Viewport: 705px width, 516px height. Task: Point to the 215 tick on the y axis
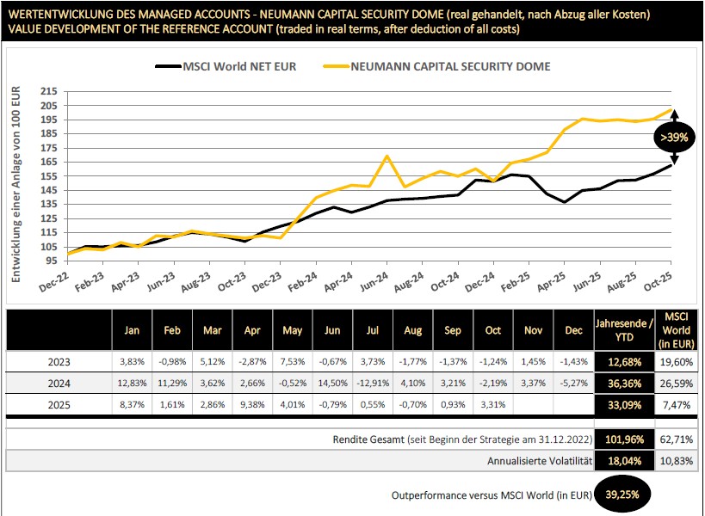click(49, 91)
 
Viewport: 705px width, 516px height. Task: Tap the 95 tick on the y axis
click(53, 260)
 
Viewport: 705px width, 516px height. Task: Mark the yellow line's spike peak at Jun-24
click(387, 157)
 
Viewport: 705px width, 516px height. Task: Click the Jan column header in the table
click(132, 329)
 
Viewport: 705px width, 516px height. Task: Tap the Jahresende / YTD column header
click(623, 329)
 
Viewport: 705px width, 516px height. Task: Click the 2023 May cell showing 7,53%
click(293, 361)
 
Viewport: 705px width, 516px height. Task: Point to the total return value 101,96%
click(623, 440)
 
